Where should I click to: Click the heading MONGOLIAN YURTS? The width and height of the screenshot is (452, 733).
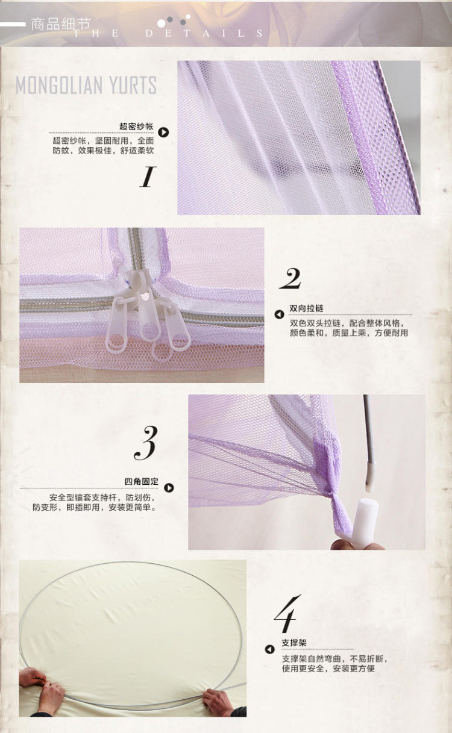point(86,85)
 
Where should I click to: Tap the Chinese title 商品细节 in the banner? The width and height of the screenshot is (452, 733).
point(61,24)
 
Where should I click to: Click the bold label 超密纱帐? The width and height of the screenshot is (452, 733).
point(136,126)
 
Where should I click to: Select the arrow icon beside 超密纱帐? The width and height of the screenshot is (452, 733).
point(163,132)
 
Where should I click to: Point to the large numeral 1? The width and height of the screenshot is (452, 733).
point(148,176)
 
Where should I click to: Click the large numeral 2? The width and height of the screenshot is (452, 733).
point(290,278)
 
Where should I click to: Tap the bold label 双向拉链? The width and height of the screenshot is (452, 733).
point(306,308)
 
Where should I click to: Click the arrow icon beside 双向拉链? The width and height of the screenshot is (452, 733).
point(279,314)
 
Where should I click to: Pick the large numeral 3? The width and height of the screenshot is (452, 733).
point(146,443)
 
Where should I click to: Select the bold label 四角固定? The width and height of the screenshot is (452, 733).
point(142,481)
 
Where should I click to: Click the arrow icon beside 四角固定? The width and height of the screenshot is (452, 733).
point(169,488)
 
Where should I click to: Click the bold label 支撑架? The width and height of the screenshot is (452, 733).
point(294,643)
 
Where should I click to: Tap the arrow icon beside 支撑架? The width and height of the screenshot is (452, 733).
point(270,649)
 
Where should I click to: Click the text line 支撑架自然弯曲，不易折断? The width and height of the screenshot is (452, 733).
point(334,659)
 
